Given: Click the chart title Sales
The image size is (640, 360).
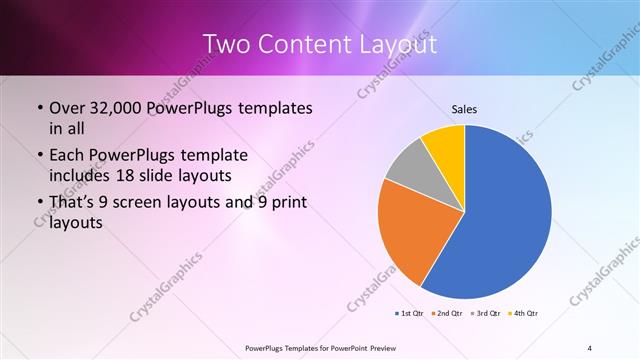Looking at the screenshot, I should tap(464, 108).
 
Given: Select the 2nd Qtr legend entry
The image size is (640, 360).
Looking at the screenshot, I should tap(449, 314).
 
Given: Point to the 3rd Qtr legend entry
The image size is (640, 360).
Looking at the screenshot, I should tap(486, 314).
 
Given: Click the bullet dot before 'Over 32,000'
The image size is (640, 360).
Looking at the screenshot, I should tap(38, 107).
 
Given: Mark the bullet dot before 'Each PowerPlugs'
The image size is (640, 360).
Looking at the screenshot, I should tap(38, 156).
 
